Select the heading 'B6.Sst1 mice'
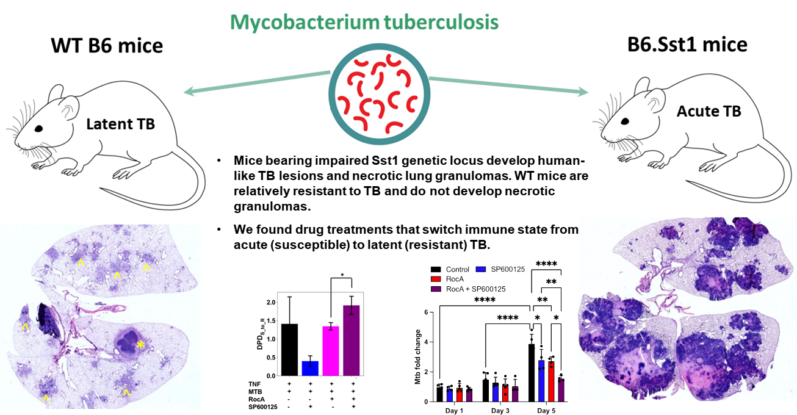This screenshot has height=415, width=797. click(687, 45)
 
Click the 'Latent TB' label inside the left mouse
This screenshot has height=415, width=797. click(120, 125)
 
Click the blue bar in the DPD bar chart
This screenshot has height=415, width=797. click(310, 367)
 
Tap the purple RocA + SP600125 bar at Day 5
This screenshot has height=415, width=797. click(561, 389)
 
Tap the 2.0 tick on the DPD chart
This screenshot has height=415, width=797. click(269, 303)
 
